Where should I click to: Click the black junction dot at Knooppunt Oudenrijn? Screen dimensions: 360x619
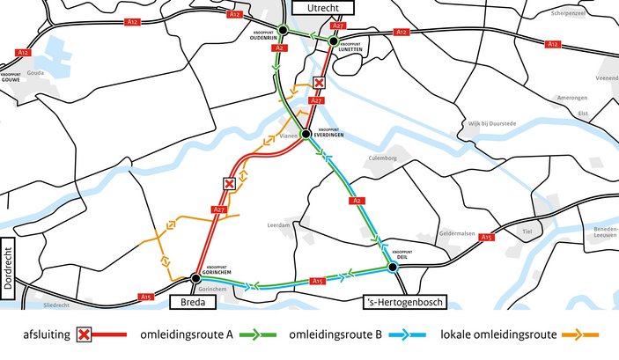[x=283, y=30]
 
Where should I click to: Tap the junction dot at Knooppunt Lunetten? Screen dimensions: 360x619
[x=335, y=40]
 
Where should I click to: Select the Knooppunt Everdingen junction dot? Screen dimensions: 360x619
[x=306, y=135]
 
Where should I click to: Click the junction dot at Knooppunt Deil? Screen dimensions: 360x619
[x=393, y=266]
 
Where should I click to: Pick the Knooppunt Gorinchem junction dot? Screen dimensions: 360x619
[x=195, y=278]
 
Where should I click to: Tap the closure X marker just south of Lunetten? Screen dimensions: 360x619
[x=320, y=83]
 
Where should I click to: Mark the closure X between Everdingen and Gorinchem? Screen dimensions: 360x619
[x=229, y=184]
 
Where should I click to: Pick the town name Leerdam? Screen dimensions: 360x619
[x=277, y=225]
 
